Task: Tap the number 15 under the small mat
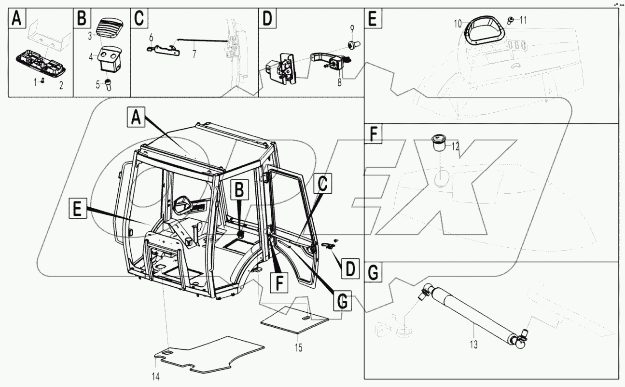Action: [x=299, y=347]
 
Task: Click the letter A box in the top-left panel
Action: [x=16, y=19]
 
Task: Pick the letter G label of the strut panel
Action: [x=373, y=273]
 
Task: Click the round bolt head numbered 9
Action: [x=351, y=45]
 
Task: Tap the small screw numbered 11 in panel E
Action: [x=511, y=20]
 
